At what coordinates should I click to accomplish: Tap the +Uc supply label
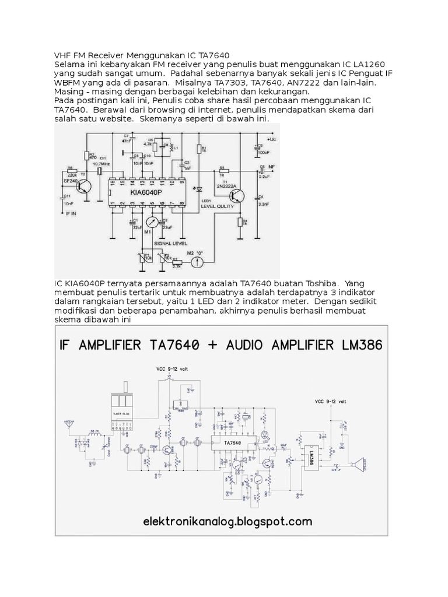tap(272, 140)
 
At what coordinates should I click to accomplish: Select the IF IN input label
tap(70, 215)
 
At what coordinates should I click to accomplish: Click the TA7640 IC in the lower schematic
tap(232, 443)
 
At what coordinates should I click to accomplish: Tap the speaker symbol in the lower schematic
tap(355, 465)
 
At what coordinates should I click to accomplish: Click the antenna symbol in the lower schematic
tap(69, 424)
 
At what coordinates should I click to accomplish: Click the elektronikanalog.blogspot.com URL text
tap(228, 521)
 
